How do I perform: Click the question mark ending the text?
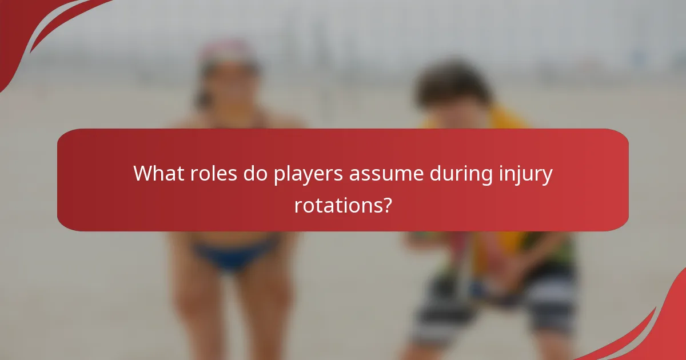[x=387, y=204]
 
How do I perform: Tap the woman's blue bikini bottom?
[x=232, y=254]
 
